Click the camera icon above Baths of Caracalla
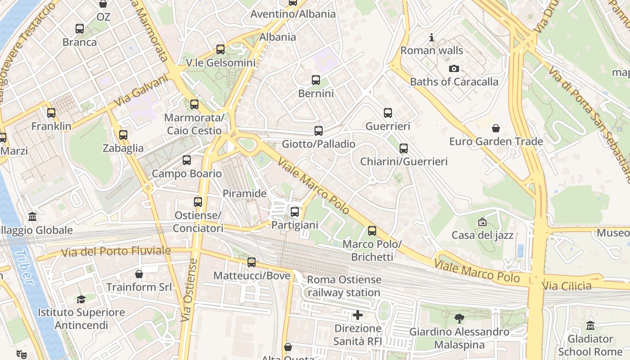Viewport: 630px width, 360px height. [454, 68]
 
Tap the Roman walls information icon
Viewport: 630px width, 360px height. [432, 37]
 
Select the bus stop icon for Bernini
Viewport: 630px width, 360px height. [316, 80]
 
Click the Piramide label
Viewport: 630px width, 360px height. [245, 193]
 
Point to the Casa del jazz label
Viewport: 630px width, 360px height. [482, 235]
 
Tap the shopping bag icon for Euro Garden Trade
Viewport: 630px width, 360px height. [496, 128]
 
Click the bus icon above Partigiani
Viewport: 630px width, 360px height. [295, 211]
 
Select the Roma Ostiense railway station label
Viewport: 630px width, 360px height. [344, 286]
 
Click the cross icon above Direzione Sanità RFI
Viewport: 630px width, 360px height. [358, 315]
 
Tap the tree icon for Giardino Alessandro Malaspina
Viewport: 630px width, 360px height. [459, 319]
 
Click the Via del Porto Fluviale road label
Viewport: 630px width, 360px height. [116, 251]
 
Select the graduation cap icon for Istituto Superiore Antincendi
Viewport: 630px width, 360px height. [81, 299]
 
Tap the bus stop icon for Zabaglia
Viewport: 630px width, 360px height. [123, 135]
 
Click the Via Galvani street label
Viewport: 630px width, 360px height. [141, 91]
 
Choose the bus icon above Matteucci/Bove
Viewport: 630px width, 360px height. [252, 262]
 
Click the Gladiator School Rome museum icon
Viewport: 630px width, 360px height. [590, 325]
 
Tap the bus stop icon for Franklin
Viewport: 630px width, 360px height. [51, 113]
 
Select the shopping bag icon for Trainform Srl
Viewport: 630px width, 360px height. [139, 274]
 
